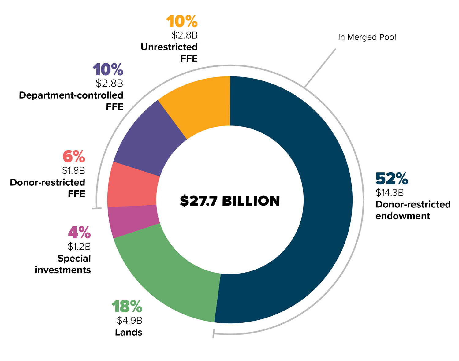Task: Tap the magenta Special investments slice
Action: (133, 221)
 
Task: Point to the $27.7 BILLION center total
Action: (230, 201)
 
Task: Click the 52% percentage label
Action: (391, 179)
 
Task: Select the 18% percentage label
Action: (127, 306)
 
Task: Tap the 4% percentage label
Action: (79, 233)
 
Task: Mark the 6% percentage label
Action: (74, 157)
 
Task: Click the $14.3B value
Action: (390, 193)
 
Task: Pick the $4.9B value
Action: (129, 320)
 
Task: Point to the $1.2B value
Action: (79, 246)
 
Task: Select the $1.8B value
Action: (73, 170)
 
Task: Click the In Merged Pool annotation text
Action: (367, 37)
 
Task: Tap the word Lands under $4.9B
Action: (129, 332)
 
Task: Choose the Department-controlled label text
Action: (71, 95)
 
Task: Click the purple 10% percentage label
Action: (108, 70)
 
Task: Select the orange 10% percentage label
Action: (182, 22)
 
